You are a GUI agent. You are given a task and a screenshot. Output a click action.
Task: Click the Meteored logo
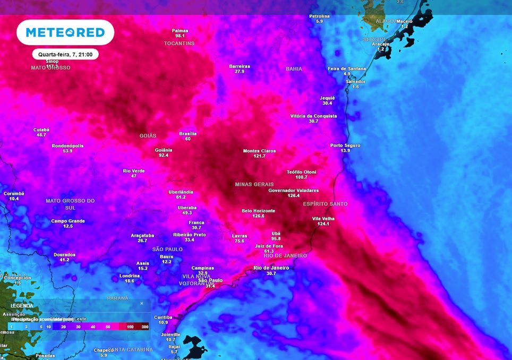pyautogui.click(x=65, y=32)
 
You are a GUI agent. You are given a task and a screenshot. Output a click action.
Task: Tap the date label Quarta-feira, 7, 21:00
pyautogui.click(x=65, y=54)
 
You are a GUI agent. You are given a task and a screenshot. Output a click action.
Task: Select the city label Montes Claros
pyautogui.click(x=259, y=151)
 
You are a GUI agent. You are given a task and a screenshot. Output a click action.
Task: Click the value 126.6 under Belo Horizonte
pyautogui.click(x=258, y=216)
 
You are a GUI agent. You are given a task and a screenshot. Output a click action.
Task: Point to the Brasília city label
pyautogui.click(x=188, y=134)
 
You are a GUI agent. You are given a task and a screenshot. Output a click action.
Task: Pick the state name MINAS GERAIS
pyautogui.click(x=254, y=184)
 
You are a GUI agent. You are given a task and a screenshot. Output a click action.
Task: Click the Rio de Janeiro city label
pyautogui.click(x=271, y=268)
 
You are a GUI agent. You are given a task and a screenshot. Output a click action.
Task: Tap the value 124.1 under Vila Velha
pyautogui.click(x=323, y=224)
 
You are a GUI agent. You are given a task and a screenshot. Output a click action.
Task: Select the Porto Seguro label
pyautogui.click(x=345, y=145)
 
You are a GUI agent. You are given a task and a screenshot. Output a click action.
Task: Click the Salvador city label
pyautogui.click(x=355, y=82)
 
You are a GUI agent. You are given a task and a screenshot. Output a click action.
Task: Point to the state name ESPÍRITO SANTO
pyautogui.click(x=325, y=204)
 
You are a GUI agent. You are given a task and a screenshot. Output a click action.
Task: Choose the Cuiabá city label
pyautogui.click(x=41, y=130)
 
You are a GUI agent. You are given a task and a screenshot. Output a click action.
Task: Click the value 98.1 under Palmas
pyautogui.click(x=180, y=36)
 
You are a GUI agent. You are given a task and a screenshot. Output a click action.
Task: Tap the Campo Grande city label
pyautogui.click(x=68, y=221)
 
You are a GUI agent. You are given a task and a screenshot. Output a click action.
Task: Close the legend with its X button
pyautogui.click(x=141, y=304)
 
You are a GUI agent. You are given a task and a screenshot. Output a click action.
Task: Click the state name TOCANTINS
pyautogui.click(x=180, y=44)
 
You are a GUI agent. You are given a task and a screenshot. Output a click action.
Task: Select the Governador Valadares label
pyautogui.click(x=294, y=190)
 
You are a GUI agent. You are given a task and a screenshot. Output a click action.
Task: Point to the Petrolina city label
pyautogui.click(x=320, y=16)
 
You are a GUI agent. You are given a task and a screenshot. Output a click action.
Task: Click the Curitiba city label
pyautogui.click(x=163, y=317)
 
